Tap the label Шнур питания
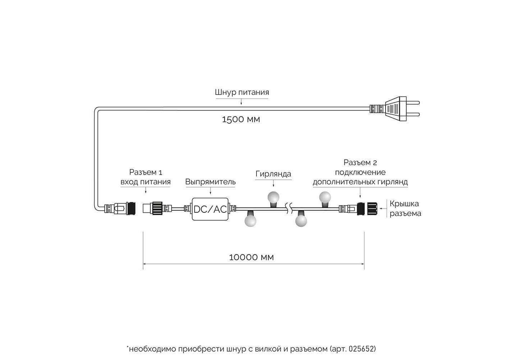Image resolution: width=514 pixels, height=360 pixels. [x=242, y=92]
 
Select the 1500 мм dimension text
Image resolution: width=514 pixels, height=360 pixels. [x=241, y=120]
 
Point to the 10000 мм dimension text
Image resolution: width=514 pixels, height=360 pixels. [x=251, y=257]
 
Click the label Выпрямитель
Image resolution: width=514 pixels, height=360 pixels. [x=210, y=181]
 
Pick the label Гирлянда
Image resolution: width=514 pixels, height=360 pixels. [x=273, y=174]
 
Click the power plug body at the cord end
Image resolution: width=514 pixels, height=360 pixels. [x=396, y=109]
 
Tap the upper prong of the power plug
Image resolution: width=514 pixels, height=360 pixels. [x=413, y=103]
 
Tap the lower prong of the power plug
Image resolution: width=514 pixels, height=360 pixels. [x=413, y=114]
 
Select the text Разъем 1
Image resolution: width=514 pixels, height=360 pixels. [x=146, y=172]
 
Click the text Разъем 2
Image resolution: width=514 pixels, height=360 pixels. [x=360, y=162]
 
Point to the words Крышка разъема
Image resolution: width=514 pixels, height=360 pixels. [x=405, y=208]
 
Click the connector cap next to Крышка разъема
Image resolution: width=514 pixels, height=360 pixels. [x=372, y=209]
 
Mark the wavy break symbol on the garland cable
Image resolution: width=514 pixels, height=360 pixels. [x=289, y=208]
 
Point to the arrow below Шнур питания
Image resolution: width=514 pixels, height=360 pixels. [x=241, y=102]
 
